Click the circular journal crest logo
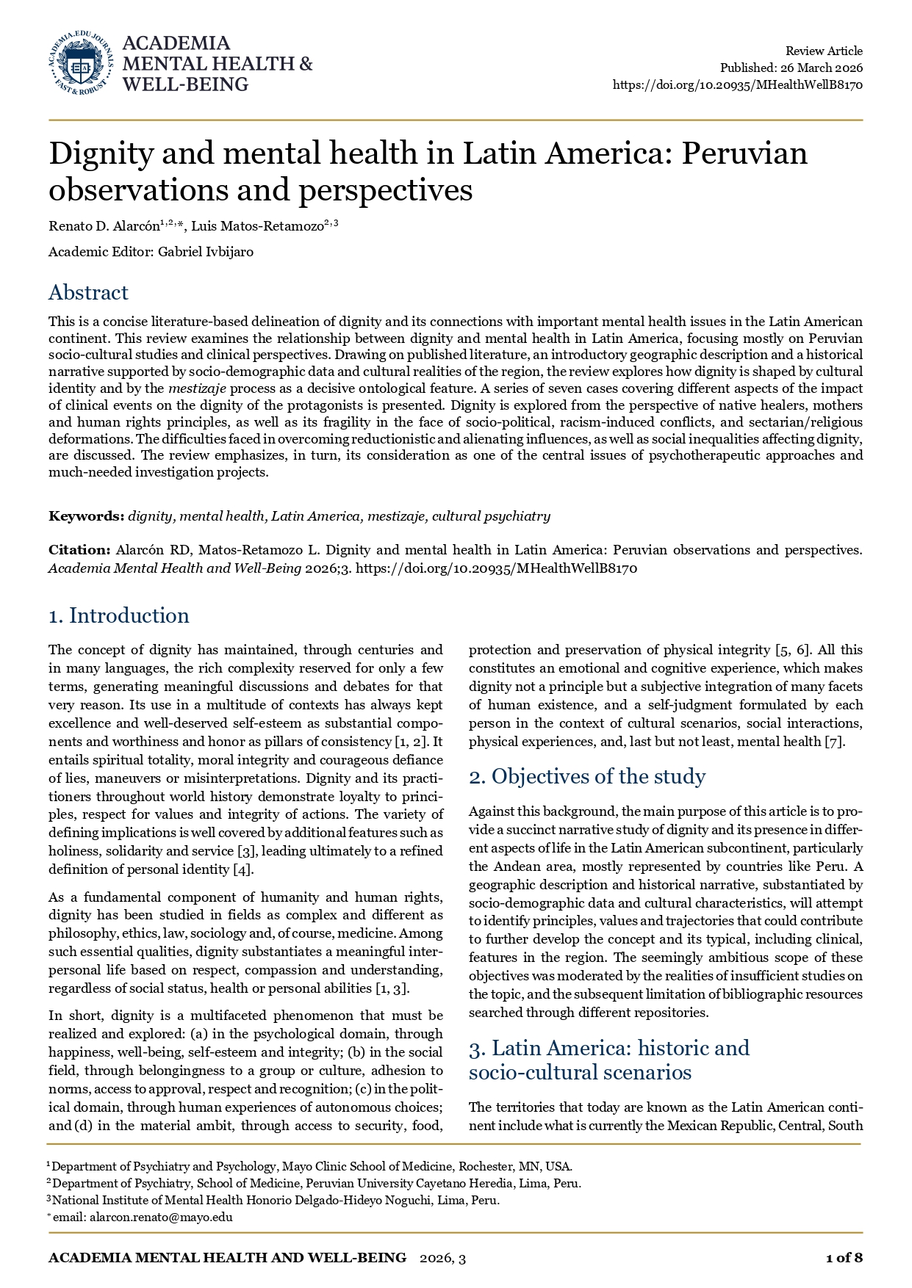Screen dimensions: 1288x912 point(81,63)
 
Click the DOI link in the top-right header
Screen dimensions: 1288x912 point(737,84)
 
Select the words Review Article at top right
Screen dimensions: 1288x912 point(824,51)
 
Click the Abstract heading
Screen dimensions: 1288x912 point(88,292)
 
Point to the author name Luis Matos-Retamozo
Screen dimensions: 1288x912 point(257,226)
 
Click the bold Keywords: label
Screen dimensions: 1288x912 point(87,515)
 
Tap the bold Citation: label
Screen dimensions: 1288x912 point(79,549)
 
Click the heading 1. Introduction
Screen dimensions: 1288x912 point(118,615)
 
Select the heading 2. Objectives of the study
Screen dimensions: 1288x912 point(587,776)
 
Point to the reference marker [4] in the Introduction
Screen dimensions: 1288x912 point(243,869)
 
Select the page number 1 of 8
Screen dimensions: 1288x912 point(844,1258)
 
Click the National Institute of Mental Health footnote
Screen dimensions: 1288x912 point(276,1200)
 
